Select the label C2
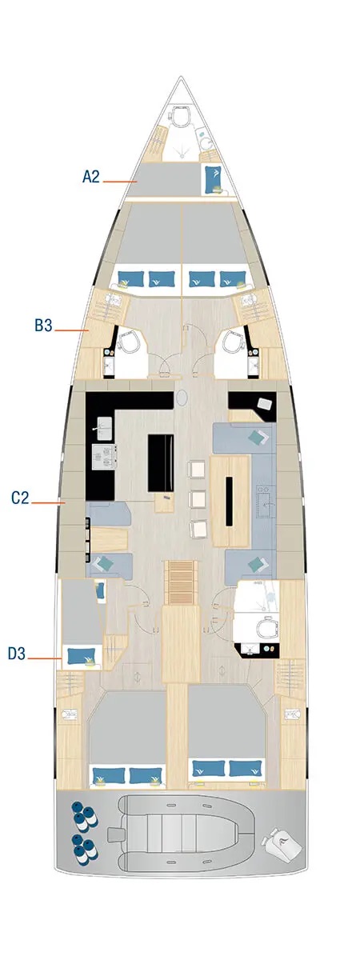pyautogui.click(x=21, y=498)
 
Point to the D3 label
pyautogui.click(x=18, y=654)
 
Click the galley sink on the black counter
pyautogui.click(x=103, y=424)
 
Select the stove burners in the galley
pyautogui.click(x=104, y=456)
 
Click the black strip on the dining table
pyautogui.click(x=229, y=501)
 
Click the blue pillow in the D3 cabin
pyautogui.click(x=78, y=657)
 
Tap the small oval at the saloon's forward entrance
pyautogui.click(x=184, y=397)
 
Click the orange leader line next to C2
pyautogui.click(x=49, y=502)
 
